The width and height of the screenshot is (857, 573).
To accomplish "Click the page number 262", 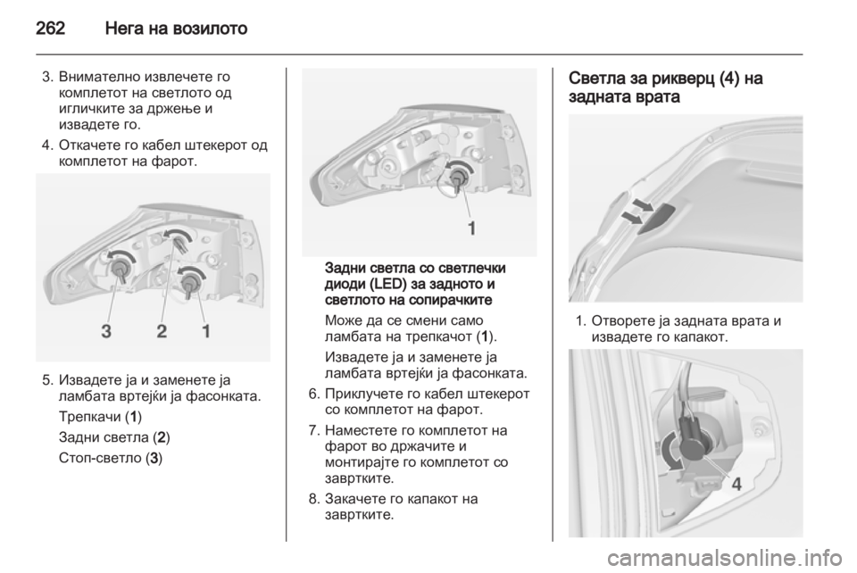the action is (50, 28).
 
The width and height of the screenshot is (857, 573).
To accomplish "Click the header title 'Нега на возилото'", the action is (176, 28).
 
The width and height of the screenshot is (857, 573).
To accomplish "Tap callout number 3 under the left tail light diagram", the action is (106, 330).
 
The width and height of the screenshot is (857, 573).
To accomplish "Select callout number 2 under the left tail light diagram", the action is (162, 330).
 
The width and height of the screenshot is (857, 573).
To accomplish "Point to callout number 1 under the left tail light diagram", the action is (206, 330).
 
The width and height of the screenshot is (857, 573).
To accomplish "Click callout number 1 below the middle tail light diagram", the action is (471, 228).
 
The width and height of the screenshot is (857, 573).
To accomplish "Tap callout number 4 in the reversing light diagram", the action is (736, 484).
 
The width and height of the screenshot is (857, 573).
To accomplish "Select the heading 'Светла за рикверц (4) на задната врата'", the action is (666, 87).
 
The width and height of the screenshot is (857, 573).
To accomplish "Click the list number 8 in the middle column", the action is (313, 499).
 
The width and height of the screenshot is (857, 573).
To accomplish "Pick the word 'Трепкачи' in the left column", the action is (89, 418).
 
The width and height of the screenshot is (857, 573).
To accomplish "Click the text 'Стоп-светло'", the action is (100, 458).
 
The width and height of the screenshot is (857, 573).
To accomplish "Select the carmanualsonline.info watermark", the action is (726, 558).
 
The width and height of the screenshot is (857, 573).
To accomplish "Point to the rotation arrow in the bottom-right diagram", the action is (668, 453).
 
